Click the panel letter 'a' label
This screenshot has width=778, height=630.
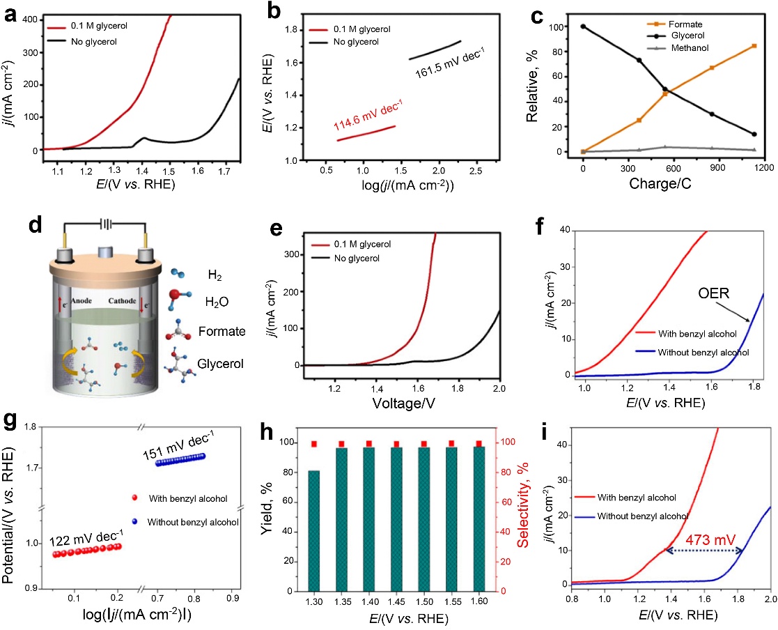click(x=12, y=15)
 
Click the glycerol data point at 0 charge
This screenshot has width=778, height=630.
click(x=583, y=26)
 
